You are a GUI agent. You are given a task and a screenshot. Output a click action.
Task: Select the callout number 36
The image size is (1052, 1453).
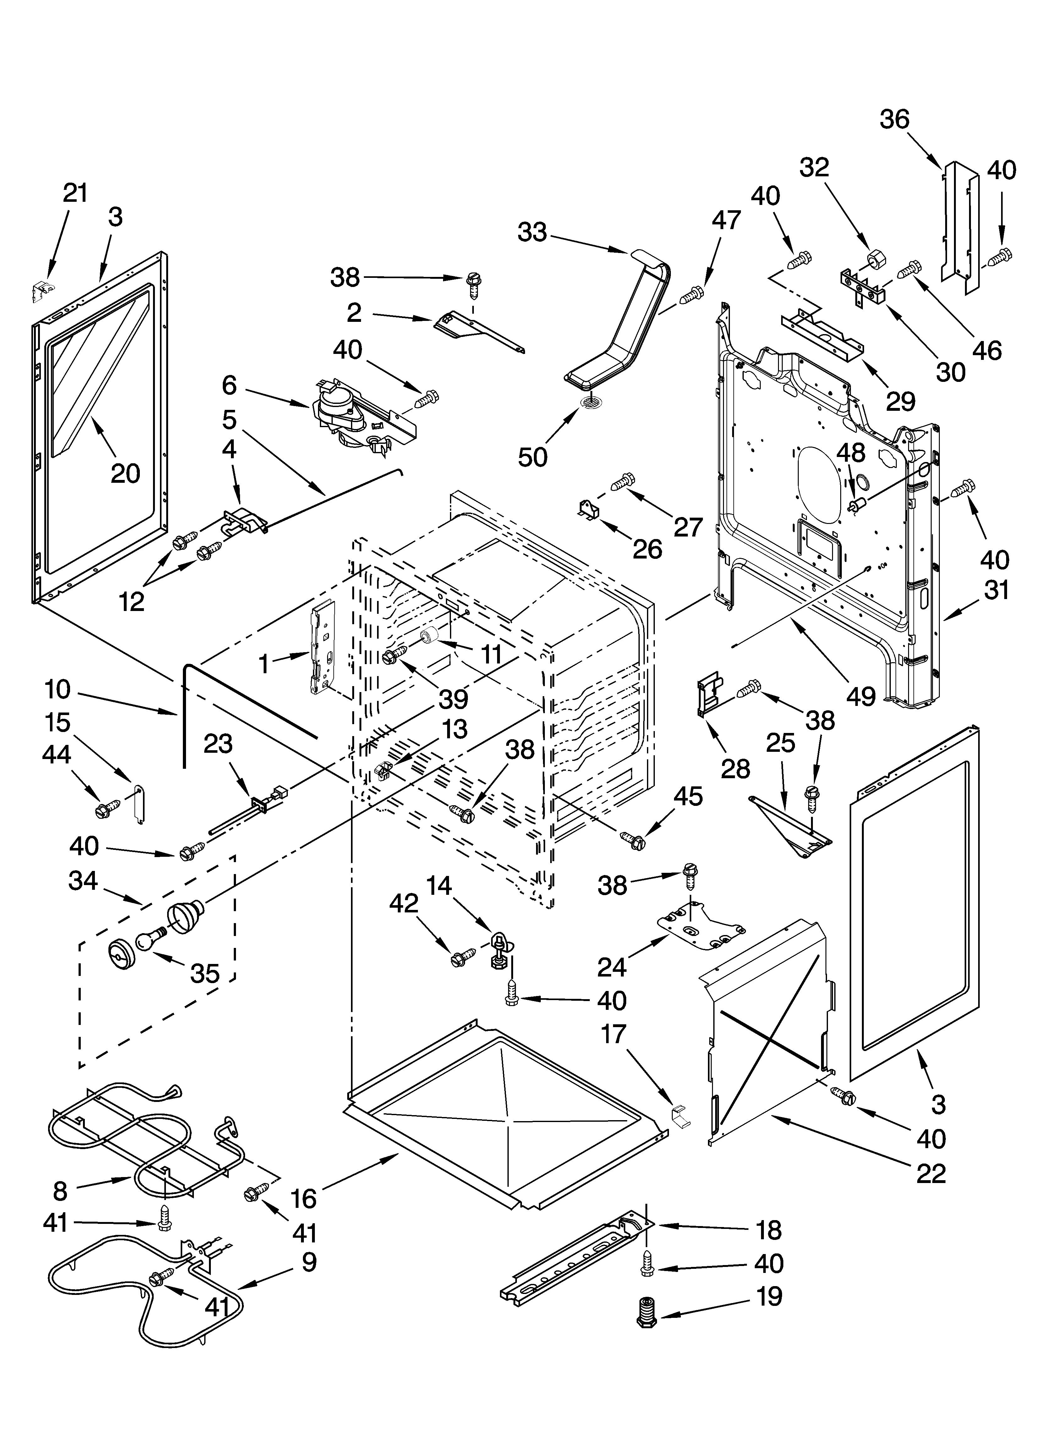(x=894, y=119)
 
